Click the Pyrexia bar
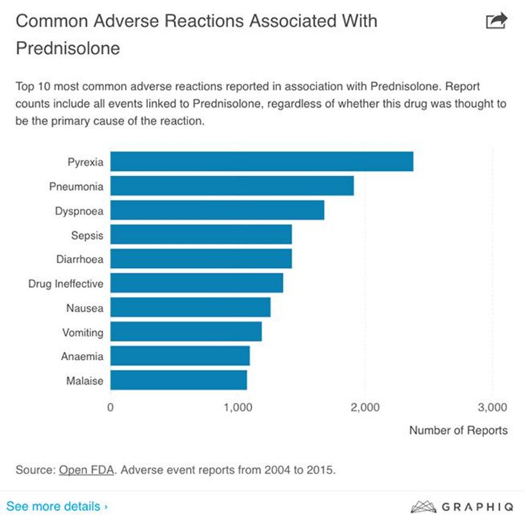coord(261,162)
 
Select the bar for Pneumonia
coord(231,186)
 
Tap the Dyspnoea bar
coord(217,210)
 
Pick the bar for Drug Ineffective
coord(196,283)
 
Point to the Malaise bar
coord(178,380)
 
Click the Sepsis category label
coord(87,235)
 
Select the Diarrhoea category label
coord(80,259)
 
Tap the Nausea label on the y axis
coord(85,308)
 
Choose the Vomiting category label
coord(82,332)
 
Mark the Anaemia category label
coord(82,356)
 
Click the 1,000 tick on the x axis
coord(237,407)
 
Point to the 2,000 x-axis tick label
coord(364,407)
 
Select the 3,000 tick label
coord(491,407)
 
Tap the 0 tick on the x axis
coord(110,407)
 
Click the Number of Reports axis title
coord(458,430)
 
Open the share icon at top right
coord(496,21)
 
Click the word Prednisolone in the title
coord(68,48)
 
